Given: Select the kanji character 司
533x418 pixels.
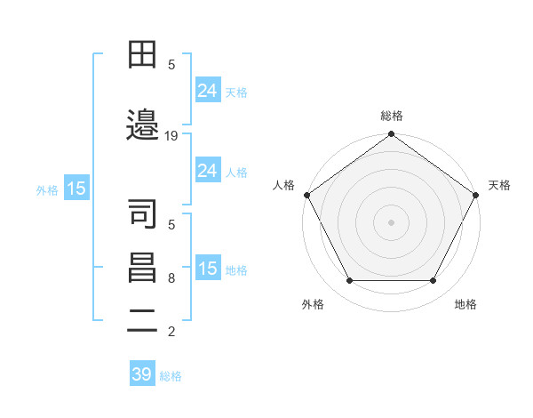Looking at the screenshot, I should click(143, 213).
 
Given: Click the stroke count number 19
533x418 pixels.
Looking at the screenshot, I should click(171, 136).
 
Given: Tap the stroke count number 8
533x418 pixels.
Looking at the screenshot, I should click(171, 279).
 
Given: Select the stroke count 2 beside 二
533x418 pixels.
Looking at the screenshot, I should click(171, 333).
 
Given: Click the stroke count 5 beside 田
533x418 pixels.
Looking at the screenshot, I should click(171, 64).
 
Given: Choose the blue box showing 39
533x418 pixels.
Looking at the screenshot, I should click(141, 374).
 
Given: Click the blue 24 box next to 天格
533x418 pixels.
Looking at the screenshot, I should click(208, 91).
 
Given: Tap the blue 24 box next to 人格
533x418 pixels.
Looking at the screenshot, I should click(208, 171).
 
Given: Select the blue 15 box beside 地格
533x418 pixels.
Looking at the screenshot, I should click(208, 269).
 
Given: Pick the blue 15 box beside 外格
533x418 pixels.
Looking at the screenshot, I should click(76, 189).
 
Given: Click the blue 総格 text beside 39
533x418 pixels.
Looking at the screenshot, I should click(171, 376).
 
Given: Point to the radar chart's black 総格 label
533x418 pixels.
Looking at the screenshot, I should click(392, 116).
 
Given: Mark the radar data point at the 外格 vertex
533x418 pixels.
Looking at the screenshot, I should click(349, 281).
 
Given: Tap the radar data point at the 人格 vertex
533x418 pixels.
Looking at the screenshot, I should click(306, 194).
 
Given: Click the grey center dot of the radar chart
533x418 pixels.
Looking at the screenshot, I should click(392, 221).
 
